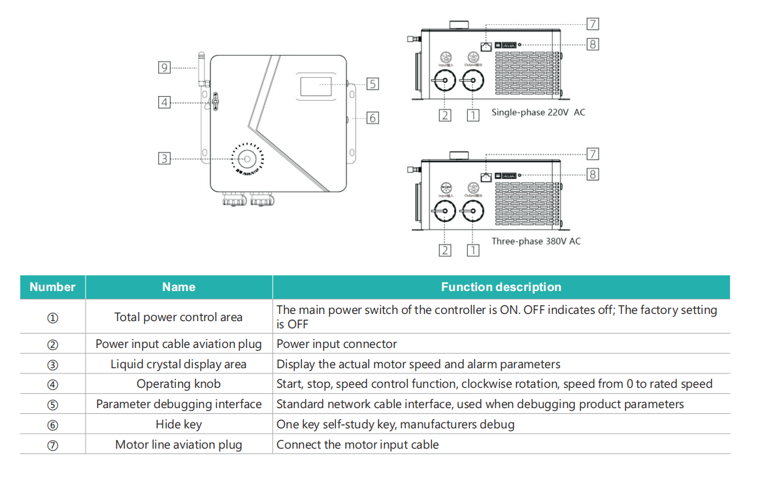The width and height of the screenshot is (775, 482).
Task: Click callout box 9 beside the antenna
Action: click(x=165, y=67)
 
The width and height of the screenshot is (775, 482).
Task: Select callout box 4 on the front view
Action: click(x=165, y=102)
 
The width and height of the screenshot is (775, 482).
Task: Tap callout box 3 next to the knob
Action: click(x=165, y=158)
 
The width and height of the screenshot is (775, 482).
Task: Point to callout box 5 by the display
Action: click(x=372, y=84)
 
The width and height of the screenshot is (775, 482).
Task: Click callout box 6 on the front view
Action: click(x=372, y=118)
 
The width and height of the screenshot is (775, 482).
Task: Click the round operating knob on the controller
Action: click(x=248, y=159)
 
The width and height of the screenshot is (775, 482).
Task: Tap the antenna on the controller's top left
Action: click(x=203, y=65)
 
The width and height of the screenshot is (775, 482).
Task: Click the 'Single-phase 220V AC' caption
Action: click(x=538, y=112)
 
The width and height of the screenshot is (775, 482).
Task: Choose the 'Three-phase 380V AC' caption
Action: click(x=536, y=241)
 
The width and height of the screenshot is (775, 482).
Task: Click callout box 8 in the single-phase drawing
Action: click(x=593, y=44)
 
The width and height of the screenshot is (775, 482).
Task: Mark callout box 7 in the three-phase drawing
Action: click(x=593, y=154)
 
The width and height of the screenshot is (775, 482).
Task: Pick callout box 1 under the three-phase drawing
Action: click(x=473, y=250)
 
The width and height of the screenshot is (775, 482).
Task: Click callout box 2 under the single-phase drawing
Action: click(x=445, y=115)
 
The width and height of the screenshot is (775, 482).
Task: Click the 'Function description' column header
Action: click(x=501, y=287)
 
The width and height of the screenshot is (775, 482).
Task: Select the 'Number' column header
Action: click(x=52, y=287)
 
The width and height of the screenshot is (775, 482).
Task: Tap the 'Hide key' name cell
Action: click(x=178, y=424)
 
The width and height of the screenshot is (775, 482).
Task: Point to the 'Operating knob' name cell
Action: click(x=178, y=384)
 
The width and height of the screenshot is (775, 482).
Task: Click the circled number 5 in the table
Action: click(x=53, y=405)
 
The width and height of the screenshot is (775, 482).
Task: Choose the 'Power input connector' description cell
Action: click(x=337, y=344)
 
